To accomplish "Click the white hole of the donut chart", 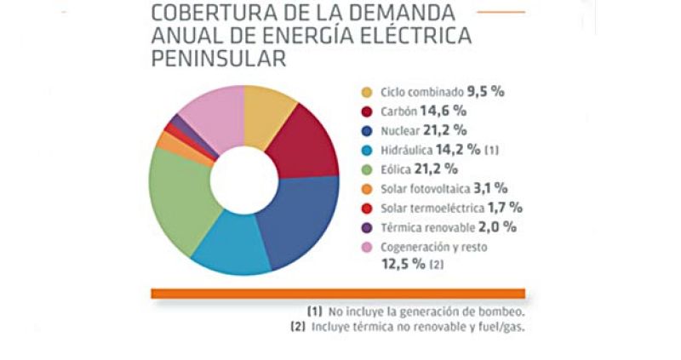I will [x=244, y=180].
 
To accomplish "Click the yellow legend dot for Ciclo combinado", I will [x=367, y=93].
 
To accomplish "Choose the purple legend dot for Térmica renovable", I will [x=367, y=227].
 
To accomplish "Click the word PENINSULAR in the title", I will [x=217, y=60].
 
